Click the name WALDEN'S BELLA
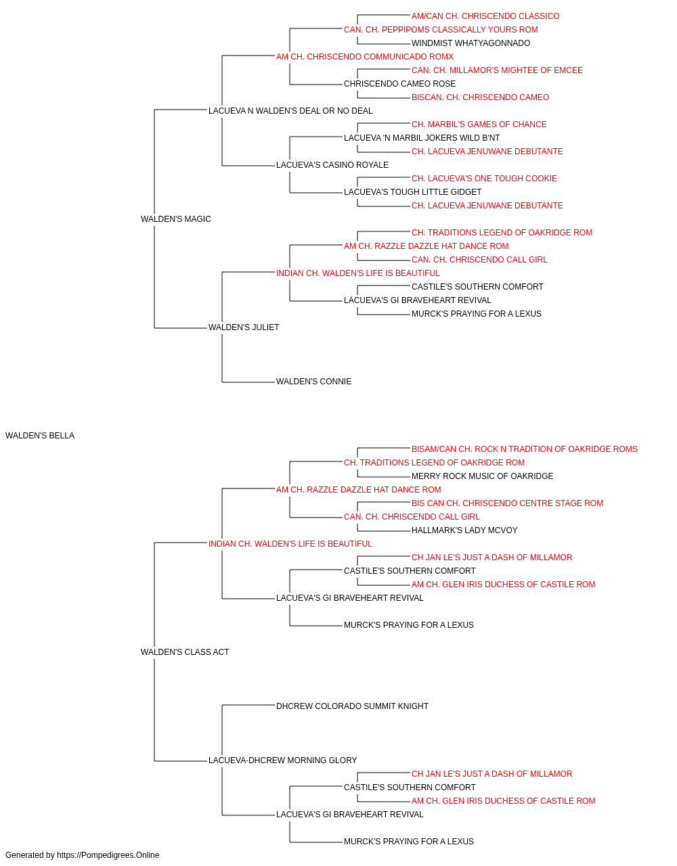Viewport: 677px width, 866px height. coord(40,436)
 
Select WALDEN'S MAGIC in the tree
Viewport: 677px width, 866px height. coord(176,219)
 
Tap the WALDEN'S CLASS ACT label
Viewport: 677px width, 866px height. coord(185,652)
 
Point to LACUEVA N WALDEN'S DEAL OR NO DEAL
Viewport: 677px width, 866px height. coord(290,111)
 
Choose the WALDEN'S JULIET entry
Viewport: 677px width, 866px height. coord(244,327)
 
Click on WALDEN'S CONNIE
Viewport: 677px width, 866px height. coord(313,382)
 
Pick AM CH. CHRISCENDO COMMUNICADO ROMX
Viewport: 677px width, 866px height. coord(365,57)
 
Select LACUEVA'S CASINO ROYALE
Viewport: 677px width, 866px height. coord(332,165)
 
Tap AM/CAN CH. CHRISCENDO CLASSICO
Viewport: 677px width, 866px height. coord(485,16)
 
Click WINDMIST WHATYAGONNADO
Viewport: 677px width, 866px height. coord(471,43)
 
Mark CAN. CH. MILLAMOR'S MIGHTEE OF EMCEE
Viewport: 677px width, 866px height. coord(497,70)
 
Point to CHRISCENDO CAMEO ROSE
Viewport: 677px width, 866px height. coord(399,84)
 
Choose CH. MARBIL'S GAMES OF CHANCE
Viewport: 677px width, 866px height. coord(479,124)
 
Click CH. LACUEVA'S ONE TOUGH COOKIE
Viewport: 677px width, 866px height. coord(484,179)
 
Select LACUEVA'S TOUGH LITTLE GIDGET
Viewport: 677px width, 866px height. coord(413,192)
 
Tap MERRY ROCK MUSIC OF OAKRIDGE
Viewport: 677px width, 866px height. coord(483,476)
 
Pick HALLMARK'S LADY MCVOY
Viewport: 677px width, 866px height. coord(464,530)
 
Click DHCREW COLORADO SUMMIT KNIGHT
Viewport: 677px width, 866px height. coord(353,706)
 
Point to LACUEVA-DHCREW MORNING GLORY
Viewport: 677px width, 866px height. coord(283,760)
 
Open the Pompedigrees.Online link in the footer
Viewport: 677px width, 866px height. coord(108,855)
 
